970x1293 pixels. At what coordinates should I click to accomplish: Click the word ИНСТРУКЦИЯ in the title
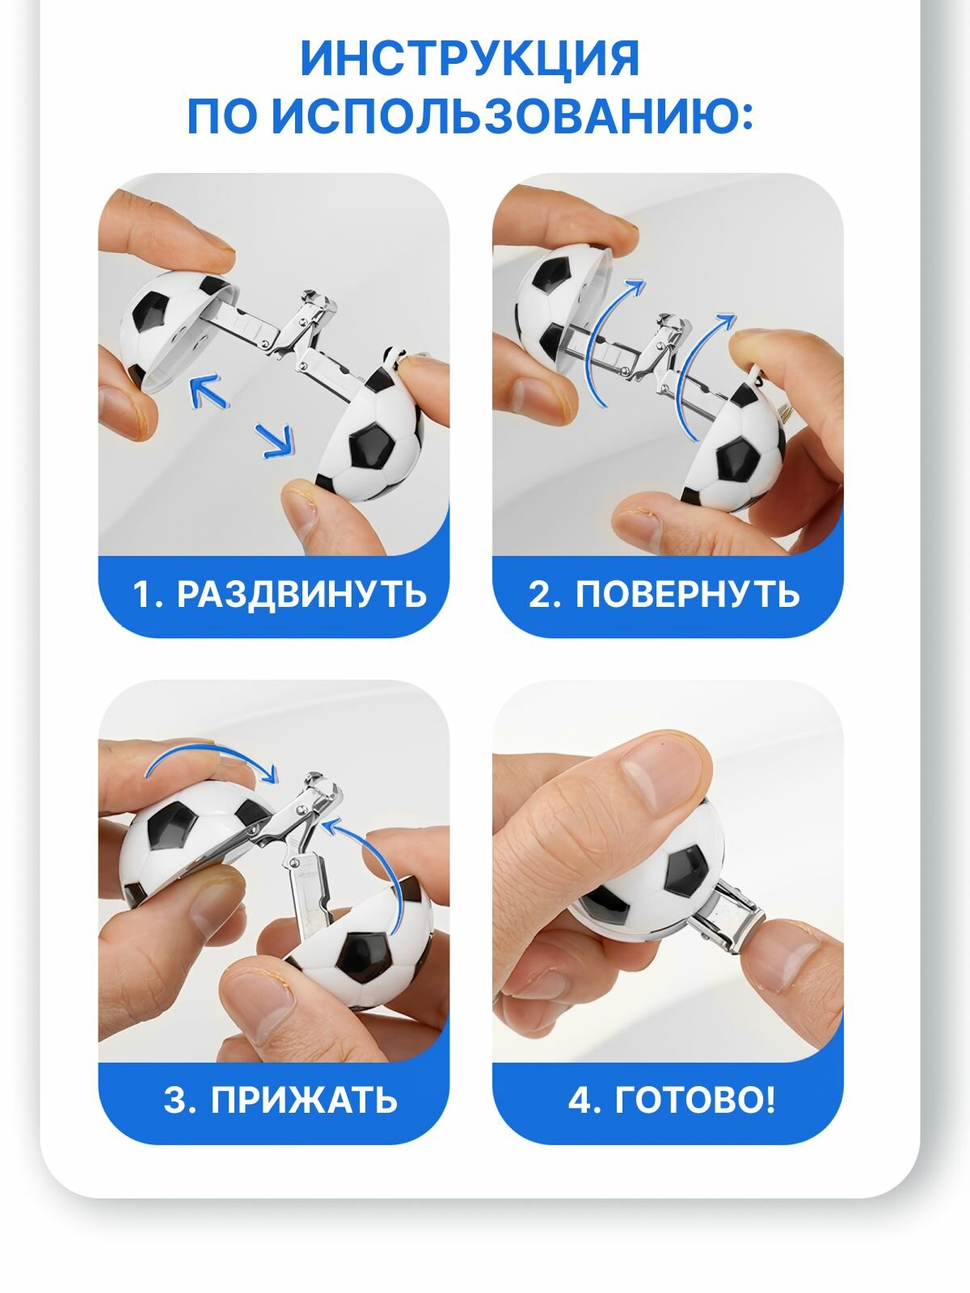click(x=470, y=58)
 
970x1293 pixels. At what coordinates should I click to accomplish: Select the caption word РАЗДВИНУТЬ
click(x=302, y=593)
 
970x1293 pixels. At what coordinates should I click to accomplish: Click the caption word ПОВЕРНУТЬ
click(x=687, y=593)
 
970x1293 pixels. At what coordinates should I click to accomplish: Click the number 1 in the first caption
click(x=141, y=594)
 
